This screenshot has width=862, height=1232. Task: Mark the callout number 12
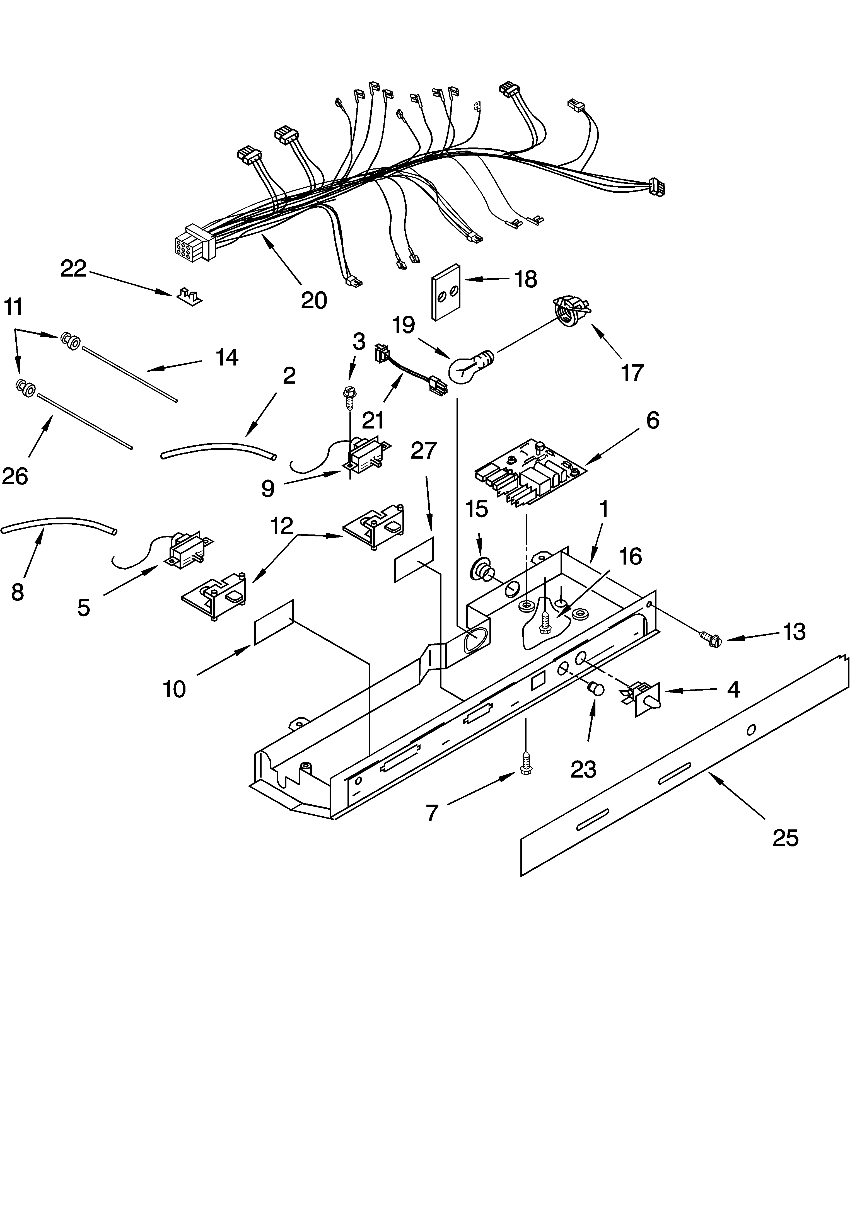coord(282,526)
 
